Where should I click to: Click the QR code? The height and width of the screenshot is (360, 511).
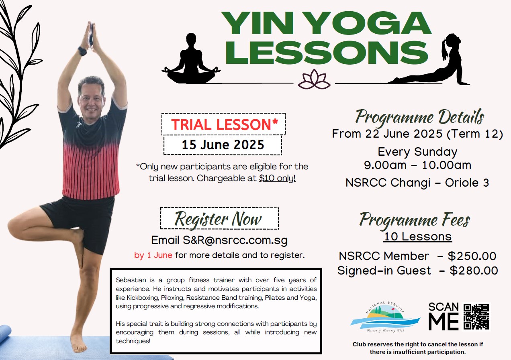(x=476, y=317)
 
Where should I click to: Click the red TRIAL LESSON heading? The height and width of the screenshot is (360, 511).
(x=225, y=124)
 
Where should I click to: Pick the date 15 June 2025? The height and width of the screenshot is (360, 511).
(x=223, y=145)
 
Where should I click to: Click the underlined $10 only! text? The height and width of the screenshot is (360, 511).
(x=277, y=178)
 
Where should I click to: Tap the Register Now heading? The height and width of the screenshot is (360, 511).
(x=218, y=219)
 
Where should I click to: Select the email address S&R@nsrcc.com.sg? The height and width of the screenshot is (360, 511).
(x=235, y=240)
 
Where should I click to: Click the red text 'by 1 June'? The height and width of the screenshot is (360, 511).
(x=153, y=255)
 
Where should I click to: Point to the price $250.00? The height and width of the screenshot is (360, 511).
(x=472, y=256)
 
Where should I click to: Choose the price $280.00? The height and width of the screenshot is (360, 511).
(x=474, y=271)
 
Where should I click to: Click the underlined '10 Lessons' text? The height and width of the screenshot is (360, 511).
(x=418, y=236)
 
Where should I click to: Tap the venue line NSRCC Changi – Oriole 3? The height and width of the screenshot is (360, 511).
(x=417, y=183)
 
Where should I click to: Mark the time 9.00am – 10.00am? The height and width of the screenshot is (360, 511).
(x=417, y=165)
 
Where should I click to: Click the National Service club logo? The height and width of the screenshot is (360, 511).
(x=385, y=317)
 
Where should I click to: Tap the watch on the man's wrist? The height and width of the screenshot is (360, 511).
(x=82, y=51)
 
